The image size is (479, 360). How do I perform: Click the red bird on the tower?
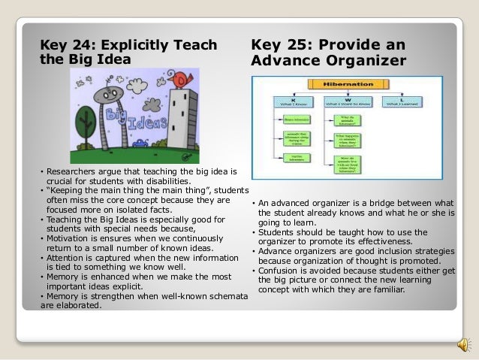179,77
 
